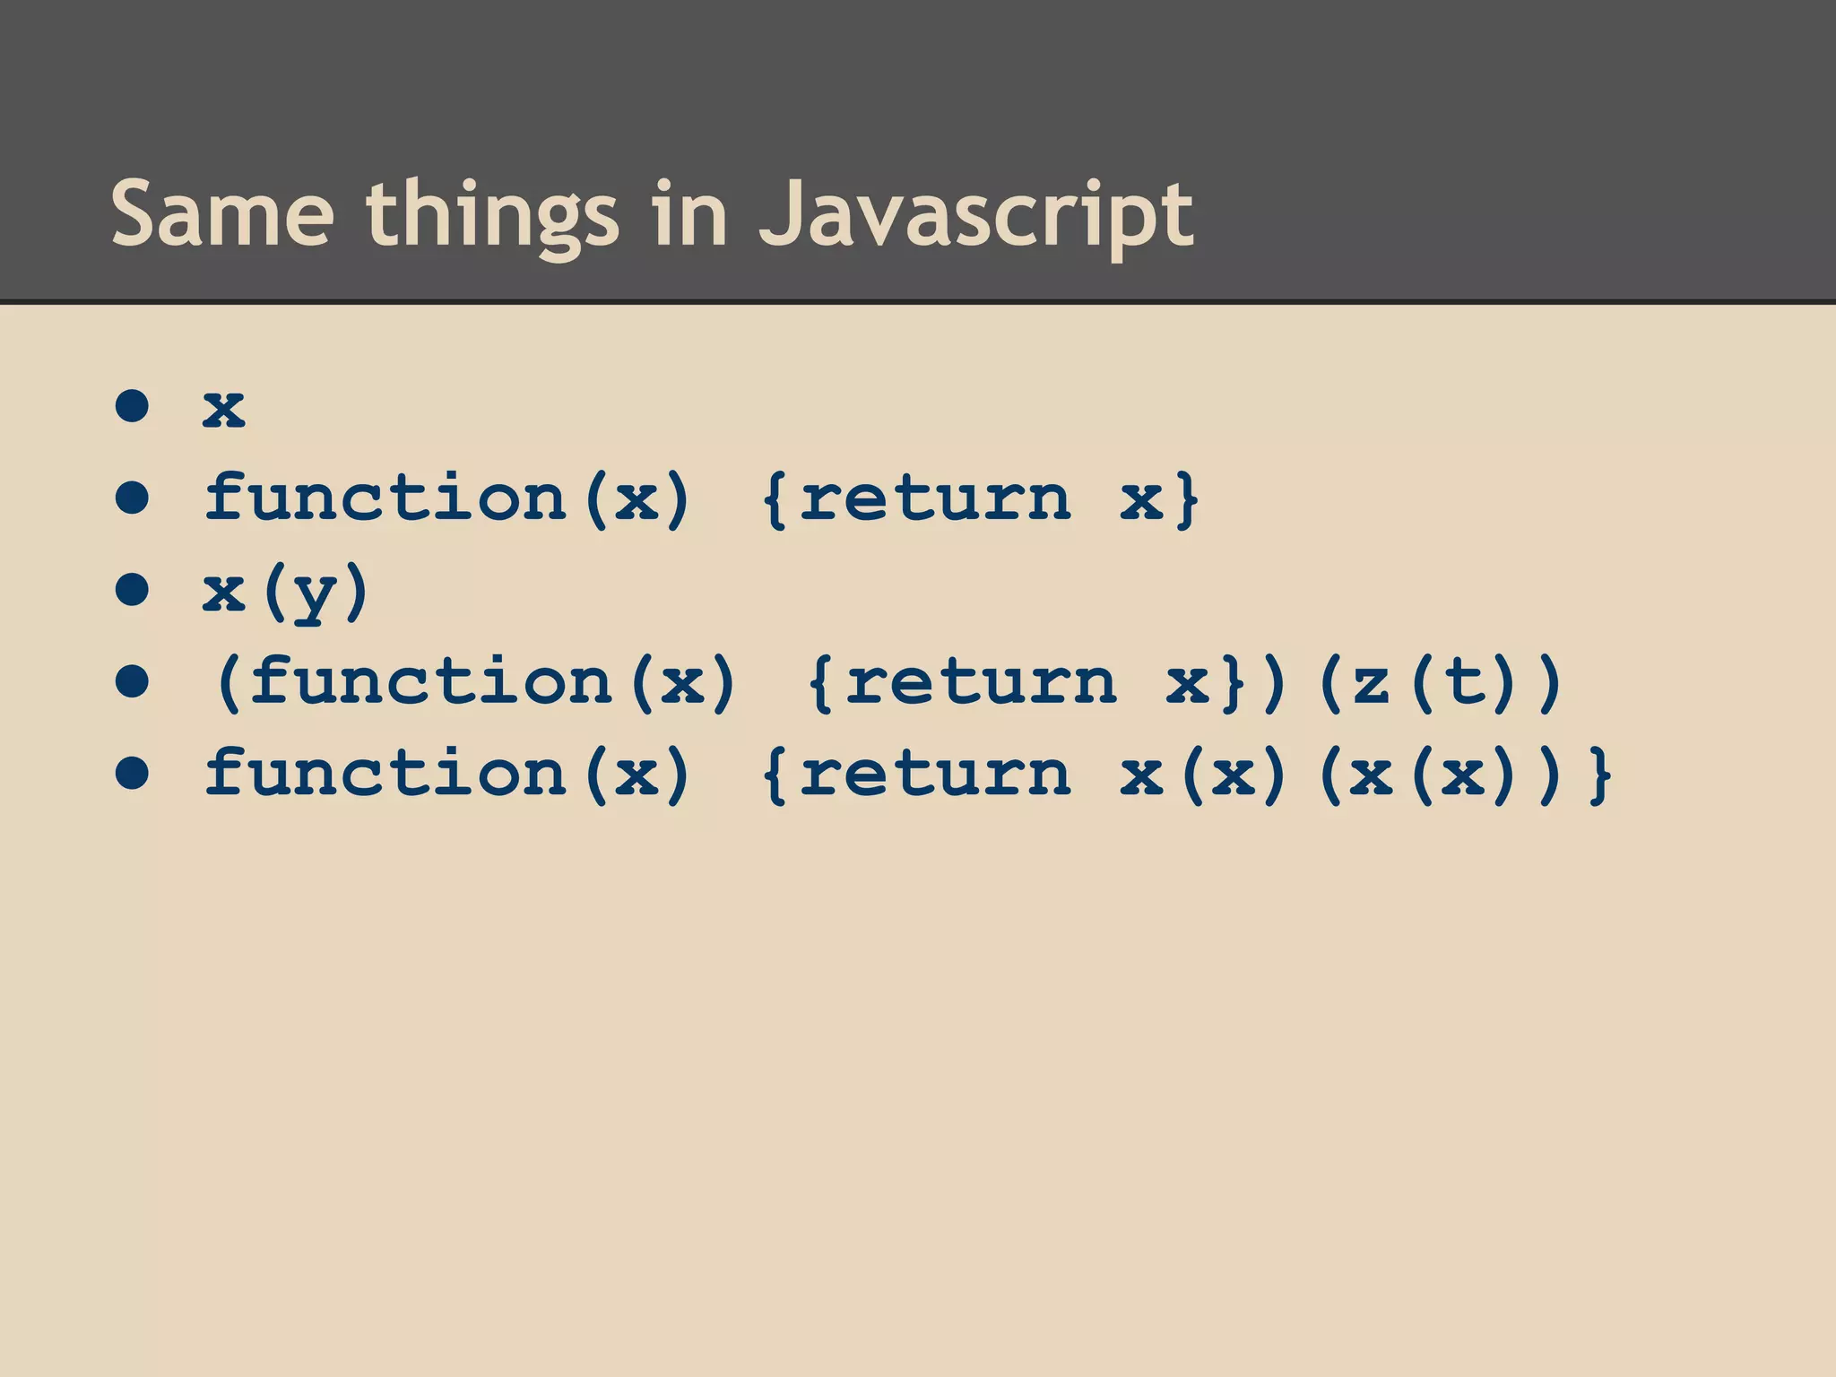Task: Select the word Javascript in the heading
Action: (976, 215)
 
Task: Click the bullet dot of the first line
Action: (132, 406)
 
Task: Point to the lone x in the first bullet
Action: (224, 408)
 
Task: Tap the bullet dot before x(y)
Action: (132, 590)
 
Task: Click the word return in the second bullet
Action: (935, 499)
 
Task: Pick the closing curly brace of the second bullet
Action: (1188, 499)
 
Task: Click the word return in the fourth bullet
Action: (981, 683)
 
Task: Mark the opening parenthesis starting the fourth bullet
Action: (229, 683)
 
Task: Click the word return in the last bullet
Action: (935, 775)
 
